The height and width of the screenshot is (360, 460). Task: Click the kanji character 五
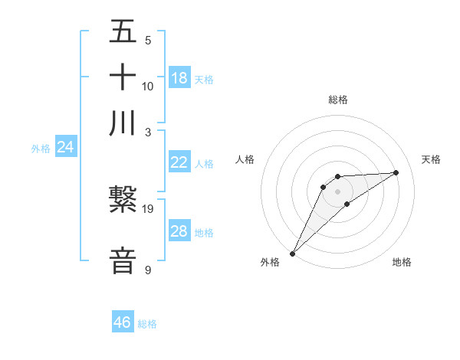(123, 33)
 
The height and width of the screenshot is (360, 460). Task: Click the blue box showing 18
(179, 78)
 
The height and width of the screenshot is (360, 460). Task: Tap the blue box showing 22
(179, 162)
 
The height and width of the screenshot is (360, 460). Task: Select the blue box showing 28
(179, 231)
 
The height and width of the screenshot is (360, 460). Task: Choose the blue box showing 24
(66, 147)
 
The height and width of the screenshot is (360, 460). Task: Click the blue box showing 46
(123, 322)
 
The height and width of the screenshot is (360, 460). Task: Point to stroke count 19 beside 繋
(148, 208)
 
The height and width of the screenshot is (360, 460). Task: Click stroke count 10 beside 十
(148, 86)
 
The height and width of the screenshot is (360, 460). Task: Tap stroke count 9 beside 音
(148, 270)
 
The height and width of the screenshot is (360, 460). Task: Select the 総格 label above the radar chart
(338, 100)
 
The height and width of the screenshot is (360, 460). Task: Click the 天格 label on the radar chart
(432, 159)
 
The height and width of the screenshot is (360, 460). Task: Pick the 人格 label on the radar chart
(245, 159)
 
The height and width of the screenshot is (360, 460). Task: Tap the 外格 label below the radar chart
(270, 262)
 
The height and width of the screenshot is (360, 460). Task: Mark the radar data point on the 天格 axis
(396, 172)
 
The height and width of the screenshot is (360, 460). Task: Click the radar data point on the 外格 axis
(292, 254)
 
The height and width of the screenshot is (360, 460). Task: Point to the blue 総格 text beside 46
(147, 324)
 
